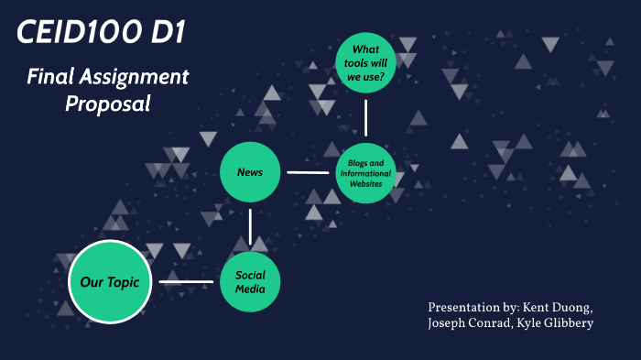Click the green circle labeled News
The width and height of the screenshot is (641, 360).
click(250, 171)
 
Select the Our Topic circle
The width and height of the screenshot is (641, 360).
click(109, 282)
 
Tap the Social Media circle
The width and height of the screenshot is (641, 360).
click(250, 282)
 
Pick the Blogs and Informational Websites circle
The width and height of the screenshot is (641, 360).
click(365, 172)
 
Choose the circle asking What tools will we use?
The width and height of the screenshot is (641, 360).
click(365, 63)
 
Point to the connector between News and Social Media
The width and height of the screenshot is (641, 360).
click(250, 226)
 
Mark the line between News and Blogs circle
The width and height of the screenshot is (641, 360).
click(308, 171)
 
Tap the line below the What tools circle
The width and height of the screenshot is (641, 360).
click(365, 117)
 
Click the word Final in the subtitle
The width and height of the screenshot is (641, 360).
click(49, 77)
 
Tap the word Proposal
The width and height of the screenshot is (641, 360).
click(107, 104)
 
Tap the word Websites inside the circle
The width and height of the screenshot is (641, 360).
click(365, 183)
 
